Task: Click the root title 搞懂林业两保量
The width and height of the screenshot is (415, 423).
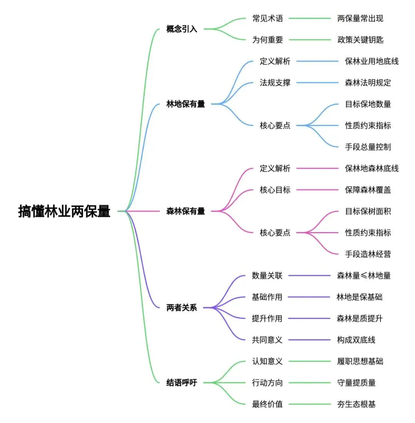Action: [64, 211]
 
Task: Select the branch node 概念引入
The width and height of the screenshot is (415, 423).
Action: [181, 29]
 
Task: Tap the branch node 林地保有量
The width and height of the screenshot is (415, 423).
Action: [186, 104]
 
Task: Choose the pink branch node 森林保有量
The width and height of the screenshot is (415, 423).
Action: [186, 211]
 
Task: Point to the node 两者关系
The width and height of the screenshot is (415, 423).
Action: [181, 308]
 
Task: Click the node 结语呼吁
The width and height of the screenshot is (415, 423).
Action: [181, 383]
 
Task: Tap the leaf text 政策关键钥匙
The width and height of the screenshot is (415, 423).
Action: [360, 40]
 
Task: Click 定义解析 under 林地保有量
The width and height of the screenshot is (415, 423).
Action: [275, 61]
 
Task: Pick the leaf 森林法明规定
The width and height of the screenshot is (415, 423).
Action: [368, 83]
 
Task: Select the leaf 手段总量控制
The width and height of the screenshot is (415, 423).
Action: [368, 147]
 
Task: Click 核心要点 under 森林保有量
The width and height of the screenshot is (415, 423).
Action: [275, 232]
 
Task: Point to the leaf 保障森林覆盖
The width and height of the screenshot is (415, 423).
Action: [368, 190]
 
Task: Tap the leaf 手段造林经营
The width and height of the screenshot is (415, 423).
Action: [368, 254]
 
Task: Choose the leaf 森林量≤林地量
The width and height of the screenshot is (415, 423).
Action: [364, 275]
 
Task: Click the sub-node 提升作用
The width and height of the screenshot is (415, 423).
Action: [267, 318]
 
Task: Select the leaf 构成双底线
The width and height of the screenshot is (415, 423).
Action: [356, 340]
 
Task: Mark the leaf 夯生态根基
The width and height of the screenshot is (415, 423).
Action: [356, 404]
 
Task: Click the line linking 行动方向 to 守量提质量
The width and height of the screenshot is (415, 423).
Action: [309, 383]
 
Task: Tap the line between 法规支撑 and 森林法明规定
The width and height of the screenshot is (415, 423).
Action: [317, 83]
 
